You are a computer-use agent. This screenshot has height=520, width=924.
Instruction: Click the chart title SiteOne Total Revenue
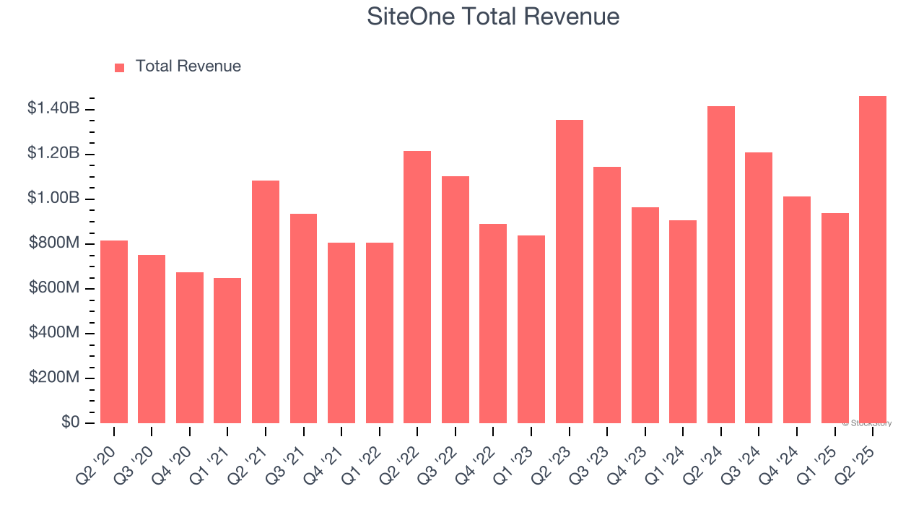coord(493,17)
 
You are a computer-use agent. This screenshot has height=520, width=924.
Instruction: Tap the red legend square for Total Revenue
coord(120,67)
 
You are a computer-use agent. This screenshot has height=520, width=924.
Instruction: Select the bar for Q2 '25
coord(873,259)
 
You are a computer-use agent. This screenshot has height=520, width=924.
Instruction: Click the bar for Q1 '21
coord(227,350)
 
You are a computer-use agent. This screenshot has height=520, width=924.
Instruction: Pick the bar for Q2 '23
coord(570,272)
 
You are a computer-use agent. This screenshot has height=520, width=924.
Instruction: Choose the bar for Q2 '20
coord(114,331)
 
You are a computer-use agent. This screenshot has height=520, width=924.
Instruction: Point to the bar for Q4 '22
coord(493,324)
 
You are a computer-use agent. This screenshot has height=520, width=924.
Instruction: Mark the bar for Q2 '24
coord(721,264)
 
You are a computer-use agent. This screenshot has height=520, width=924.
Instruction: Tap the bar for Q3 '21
coord(303,318)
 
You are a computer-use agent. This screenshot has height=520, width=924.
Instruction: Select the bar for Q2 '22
coord(417,287)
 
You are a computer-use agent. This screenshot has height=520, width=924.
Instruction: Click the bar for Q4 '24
coord(797,310)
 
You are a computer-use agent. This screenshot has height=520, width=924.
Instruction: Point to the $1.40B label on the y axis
coord(53,109)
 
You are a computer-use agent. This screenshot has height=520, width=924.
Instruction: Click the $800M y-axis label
coord(54,243)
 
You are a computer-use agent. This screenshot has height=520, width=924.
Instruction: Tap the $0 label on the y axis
coord(70,422)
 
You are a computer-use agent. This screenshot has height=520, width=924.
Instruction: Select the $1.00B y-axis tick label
coord(53,199)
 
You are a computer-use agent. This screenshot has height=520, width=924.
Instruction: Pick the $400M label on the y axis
coord(54,333)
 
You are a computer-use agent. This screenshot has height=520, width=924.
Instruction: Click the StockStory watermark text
coord(867,423)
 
